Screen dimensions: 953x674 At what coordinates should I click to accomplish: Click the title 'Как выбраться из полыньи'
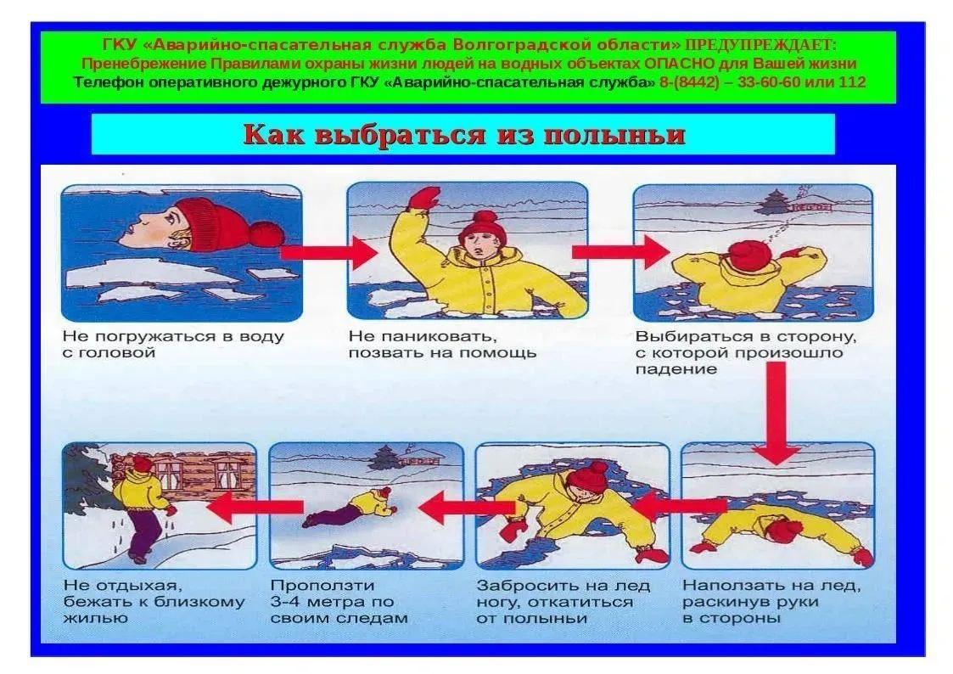pyautogui.click(x=463, y=134)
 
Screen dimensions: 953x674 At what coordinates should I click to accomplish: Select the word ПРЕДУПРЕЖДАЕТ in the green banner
pyautogui.click(x=761, y=45)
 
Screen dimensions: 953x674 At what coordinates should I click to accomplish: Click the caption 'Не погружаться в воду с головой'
pyautogui.click(x=174, y=345)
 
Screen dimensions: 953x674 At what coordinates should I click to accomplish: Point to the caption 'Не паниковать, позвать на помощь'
pyautogui.click(x=442, y=345)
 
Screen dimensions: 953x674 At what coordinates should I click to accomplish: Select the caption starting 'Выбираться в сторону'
pyautogui.click(x=746, y=353)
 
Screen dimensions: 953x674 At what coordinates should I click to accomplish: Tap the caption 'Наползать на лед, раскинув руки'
pyautogui.click(x=771, y=602)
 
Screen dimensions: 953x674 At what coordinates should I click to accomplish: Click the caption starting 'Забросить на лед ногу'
pyautogui.click(x=563, y=602)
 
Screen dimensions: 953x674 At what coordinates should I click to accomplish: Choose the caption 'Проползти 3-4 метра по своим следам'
pyautogui.click(x=339, y=602)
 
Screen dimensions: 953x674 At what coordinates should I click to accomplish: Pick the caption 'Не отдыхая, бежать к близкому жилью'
pyautogui.click(x=154, y=602)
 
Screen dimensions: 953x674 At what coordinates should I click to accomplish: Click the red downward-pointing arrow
pyautogui.click(x=776, y=413)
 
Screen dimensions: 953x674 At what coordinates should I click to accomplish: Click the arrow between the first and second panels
pyautogui.click(x=329, y=252)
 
